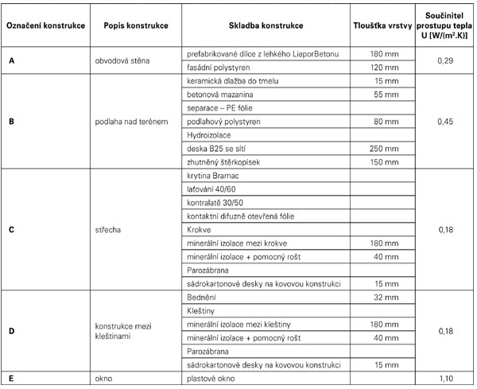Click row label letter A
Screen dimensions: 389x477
10,60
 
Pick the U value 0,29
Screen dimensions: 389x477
448,60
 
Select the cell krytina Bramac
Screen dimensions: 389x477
211,175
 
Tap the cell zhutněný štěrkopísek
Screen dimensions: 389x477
223,161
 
